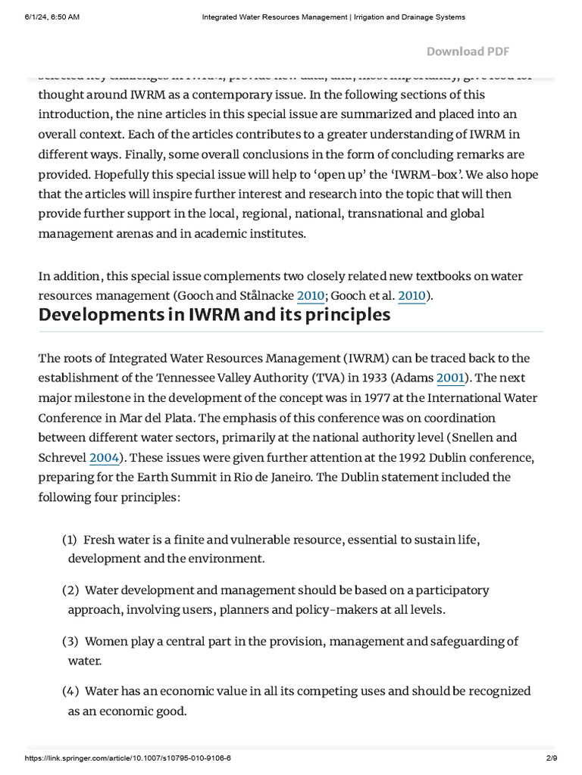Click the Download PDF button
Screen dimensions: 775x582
[468, 51]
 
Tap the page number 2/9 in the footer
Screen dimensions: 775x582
[551, 758]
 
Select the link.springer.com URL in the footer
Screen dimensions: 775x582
[128, 758]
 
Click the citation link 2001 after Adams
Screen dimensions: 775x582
[452, 378]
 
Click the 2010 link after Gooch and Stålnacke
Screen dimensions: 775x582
[311, 296]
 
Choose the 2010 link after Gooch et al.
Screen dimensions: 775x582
[411, 296]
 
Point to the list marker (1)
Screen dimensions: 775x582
[70, 540]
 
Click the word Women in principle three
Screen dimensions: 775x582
[106, 641]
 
